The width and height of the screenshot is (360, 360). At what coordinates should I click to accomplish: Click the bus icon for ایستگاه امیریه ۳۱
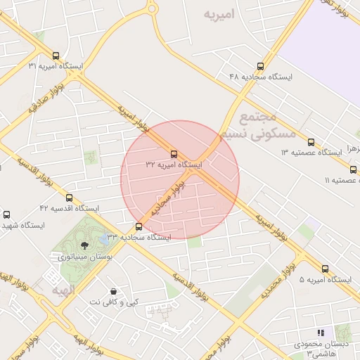coord(56,56)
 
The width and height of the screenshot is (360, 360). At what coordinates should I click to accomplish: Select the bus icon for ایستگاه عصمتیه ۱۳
coord(311,142)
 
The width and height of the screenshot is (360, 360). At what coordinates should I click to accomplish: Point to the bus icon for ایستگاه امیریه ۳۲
coord(174,155)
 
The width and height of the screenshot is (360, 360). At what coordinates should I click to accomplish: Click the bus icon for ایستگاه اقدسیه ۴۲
coord(69,198)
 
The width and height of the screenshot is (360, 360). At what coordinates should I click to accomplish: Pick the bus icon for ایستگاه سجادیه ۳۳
coord(139,226)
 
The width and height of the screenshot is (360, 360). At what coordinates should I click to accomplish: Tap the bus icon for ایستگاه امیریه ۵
coord(325,269)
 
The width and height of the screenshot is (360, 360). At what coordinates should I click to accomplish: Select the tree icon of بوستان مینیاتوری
coord(85,245)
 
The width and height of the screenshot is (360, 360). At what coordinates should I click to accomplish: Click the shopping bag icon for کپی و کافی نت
coord(113,291)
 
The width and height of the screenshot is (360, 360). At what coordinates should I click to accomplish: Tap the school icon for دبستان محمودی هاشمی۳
coord(321,333)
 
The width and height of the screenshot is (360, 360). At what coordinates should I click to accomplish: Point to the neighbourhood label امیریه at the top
coord(218,13)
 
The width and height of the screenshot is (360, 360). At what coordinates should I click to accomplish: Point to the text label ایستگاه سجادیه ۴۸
coord(262,76)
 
